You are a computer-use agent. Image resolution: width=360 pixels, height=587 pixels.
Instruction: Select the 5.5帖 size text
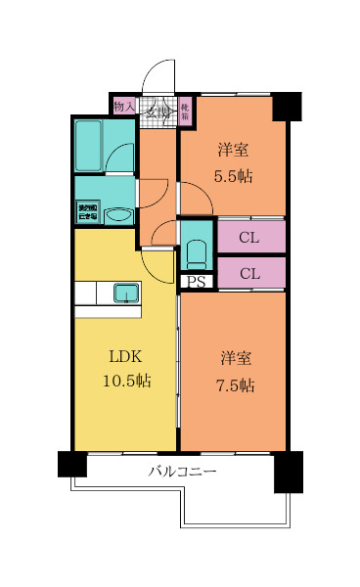tap(233, 176)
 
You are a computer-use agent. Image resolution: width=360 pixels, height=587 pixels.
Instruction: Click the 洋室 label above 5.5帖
tap(233, 151)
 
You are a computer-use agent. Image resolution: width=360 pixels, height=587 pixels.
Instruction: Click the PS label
tap(197, 284)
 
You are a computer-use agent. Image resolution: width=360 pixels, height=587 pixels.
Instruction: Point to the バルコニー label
tap(183, 471)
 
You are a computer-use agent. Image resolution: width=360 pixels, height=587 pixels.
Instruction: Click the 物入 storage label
tap(124, 107)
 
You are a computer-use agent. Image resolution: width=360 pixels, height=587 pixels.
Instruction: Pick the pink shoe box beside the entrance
tap(185, 111)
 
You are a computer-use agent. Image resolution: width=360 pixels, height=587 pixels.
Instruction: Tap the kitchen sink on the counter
tap(127, 292)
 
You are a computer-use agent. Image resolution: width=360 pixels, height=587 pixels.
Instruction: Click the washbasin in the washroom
tap(118, 216)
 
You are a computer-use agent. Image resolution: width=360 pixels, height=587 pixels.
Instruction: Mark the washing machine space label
tap(87, 213)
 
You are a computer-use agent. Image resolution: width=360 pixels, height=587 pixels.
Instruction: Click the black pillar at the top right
tap(287, 106)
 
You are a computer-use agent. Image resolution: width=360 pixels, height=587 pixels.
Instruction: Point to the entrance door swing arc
tap(155, 78)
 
